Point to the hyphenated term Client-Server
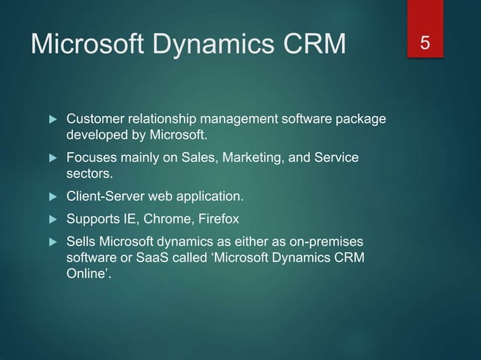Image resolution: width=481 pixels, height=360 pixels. click(x=106, y=197)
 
